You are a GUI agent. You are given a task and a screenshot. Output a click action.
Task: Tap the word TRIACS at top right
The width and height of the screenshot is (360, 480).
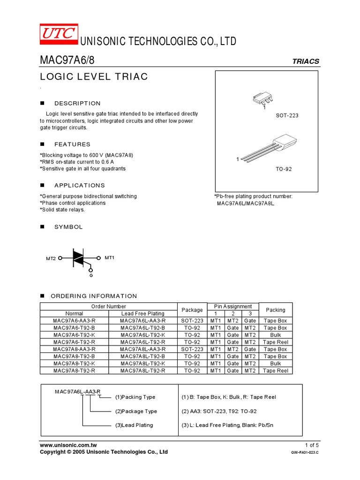(306, 61)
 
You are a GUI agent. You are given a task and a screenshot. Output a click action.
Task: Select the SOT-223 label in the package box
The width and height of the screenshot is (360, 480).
(287, 115)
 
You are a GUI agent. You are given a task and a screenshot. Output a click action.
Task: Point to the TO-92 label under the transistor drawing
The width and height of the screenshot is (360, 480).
(284, 169)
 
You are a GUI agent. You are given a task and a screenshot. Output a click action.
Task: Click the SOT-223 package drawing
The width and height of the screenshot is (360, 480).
(262, 99)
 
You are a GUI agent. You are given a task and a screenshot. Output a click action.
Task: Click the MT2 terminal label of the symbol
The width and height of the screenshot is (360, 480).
(51, 258)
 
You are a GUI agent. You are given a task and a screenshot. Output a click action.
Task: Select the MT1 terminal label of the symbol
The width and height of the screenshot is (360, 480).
(109, 258)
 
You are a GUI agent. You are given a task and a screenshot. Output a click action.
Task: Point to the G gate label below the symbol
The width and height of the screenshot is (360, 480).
(91, 275)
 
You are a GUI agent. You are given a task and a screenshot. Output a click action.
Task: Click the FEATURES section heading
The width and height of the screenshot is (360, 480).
(72, 144)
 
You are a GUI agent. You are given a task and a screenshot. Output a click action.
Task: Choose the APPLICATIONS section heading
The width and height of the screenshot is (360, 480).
(80, 186)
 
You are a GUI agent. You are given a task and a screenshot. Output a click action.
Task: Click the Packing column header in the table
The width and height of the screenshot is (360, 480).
(275, 310)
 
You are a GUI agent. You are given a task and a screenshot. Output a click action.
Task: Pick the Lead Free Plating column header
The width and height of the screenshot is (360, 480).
(142, 314)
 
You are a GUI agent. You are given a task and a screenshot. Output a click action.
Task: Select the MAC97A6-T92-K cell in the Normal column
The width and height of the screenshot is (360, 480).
(74, 335)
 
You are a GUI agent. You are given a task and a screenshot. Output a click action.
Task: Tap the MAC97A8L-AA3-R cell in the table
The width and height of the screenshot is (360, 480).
(142, 349)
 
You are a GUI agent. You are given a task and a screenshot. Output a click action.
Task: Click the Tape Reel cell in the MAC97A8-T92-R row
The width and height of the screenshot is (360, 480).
(275, 370)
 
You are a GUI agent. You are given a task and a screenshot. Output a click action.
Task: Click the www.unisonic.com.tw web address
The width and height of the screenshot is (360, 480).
(68, 445)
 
